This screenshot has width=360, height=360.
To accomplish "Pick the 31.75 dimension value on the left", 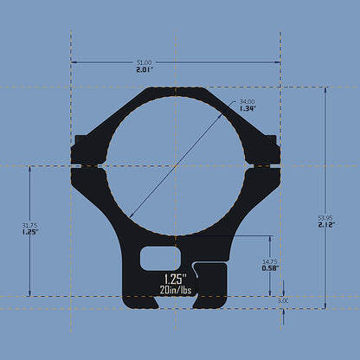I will (30, 226).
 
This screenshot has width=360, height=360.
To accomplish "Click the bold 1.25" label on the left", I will (30, 233).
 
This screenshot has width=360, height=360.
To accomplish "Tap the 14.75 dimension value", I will (269, 260).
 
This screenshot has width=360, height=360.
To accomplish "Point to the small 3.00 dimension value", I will (284, 300).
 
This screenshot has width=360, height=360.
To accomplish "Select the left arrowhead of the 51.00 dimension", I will (74, 62).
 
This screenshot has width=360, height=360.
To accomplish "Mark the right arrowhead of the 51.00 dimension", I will (278, 62).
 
